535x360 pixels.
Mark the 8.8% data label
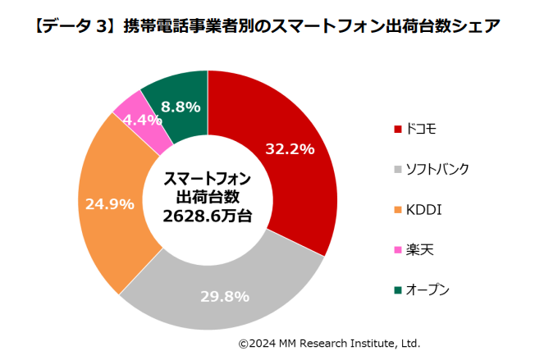click(181, 107)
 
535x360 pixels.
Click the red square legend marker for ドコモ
click(399, 129)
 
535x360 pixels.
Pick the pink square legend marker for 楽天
click(399, 249)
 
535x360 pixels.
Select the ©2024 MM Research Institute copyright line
click(329, 342)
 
